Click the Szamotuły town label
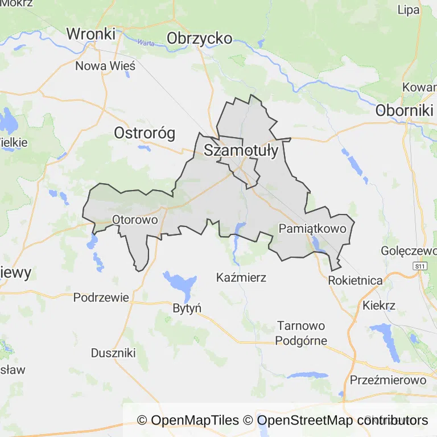click(x=241, y=151)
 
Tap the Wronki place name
click(x=91, y=34)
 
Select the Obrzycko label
click(x=199, y=38)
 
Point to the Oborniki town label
click(x=405, y=110)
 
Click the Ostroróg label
click(x=145, y=133)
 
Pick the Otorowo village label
click(x=135, y=219)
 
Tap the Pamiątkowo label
click(x=313, y=229)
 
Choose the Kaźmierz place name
click(x=241, y=278)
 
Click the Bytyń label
click(x=187, y=308)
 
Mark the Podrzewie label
click(x=101, y=297)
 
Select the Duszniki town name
click(x=113, y=353)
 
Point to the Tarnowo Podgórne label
click(x=301, y=333)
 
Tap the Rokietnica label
click(x=355, y=280)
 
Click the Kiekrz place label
click(x=378, y=305)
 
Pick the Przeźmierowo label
click(x=388, y=380)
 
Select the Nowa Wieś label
click(x=105, y=66)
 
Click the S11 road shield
click(x=420, y=266)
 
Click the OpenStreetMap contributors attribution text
click(x=343, y=420)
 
